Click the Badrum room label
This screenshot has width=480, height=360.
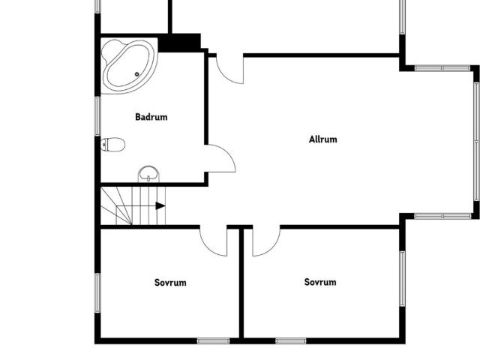coord(151,117)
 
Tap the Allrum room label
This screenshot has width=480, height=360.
coord(323,139)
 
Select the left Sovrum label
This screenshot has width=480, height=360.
coord(170,283)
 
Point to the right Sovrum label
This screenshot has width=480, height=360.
coord(320,282)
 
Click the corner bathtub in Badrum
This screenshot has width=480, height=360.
coord(128,64)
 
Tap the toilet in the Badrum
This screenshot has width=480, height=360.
coord(112,145)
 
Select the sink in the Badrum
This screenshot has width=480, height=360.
coord(149,175)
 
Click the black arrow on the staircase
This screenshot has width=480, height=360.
coord(160,205)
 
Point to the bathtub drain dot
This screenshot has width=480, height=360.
coord(136,74)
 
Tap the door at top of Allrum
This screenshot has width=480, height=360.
coord(231,70)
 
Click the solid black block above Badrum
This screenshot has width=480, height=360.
coord(180,43)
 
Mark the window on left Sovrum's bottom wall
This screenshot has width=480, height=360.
coord(213,341)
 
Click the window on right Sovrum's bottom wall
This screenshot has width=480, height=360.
coord(291,341)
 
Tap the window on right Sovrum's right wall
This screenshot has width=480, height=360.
coord(402,278)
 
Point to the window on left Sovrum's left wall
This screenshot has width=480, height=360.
coord(97,292)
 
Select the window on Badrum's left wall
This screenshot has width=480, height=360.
coord(97,116)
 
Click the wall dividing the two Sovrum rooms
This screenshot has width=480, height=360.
coord(241,285)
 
